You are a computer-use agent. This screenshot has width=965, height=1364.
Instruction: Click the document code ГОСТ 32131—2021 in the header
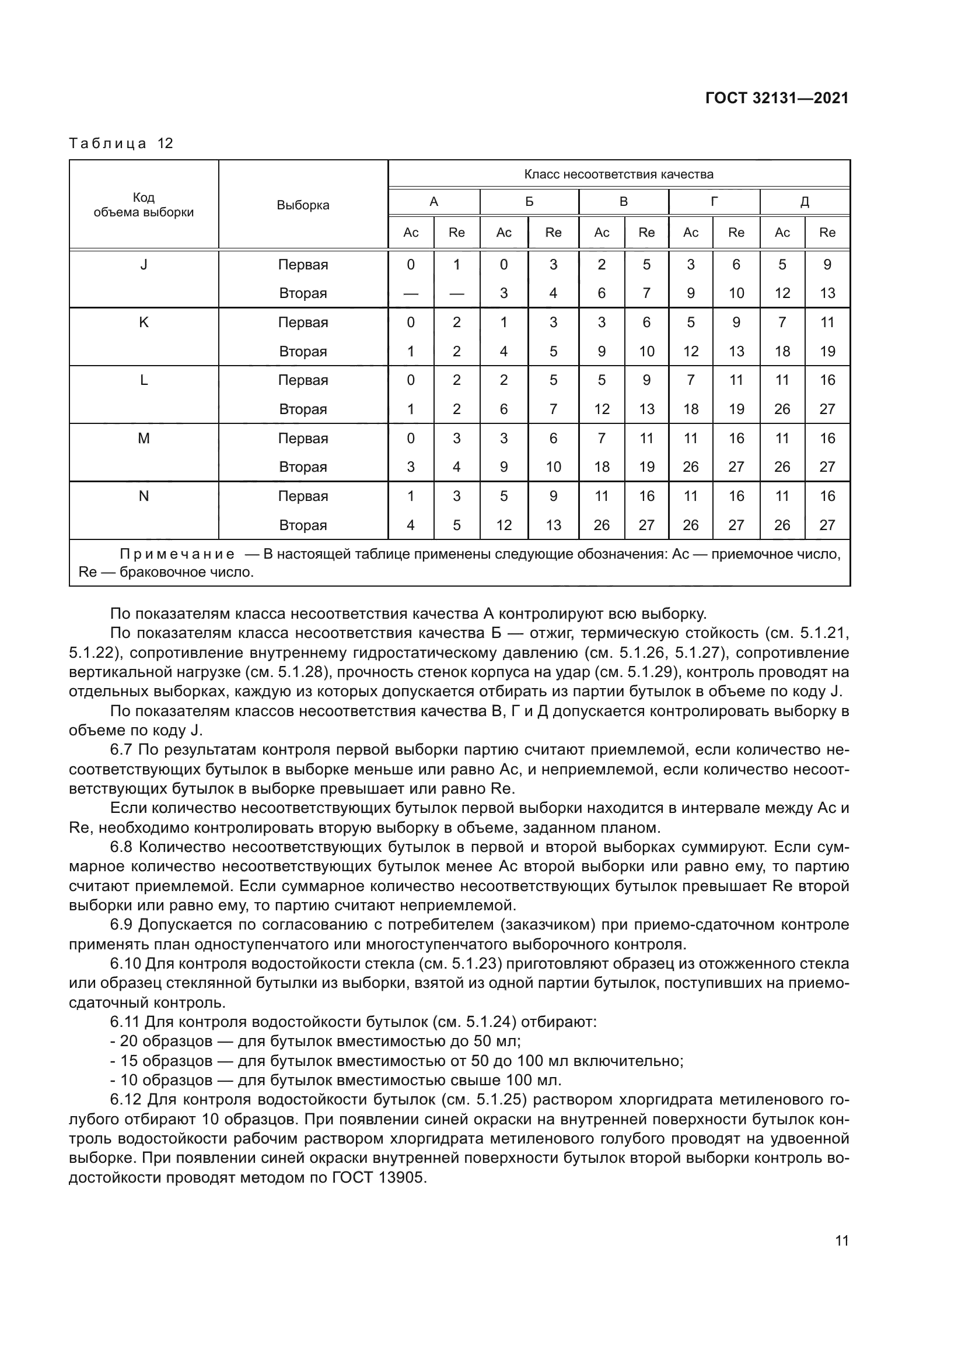777,99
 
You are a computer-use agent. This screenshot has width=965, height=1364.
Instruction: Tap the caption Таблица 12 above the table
121,143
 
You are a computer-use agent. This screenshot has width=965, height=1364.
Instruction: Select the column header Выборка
302,205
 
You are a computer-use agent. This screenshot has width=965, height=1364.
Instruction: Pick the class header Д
804,202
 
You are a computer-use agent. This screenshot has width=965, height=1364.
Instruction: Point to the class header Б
529,202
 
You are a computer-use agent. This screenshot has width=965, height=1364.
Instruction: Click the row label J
144,265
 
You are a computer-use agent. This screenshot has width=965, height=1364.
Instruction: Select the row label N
144,496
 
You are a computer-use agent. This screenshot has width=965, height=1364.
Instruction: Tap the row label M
144,439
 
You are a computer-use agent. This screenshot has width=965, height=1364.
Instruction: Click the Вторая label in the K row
302,352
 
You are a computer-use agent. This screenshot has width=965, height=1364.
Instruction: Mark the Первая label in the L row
302,380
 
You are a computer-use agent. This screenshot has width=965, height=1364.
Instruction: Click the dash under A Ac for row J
411,293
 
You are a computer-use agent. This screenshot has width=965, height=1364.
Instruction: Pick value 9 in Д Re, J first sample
827,265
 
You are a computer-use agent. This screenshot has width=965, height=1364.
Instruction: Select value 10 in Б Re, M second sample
553,467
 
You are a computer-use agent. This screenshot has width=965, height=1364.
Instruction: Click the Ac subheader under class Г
690,233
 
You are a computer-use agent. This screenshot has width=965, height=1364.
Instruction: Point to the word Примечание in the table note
176,554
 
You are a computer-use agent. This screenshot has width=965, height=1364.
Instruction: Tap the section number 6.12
125,1100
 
